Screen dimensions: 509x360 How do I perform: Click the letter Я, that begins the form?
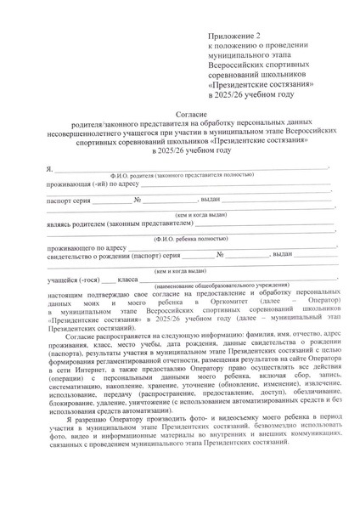(50, 168)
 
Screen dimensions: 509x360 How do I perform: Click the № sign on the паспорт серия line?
(137, 201)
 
